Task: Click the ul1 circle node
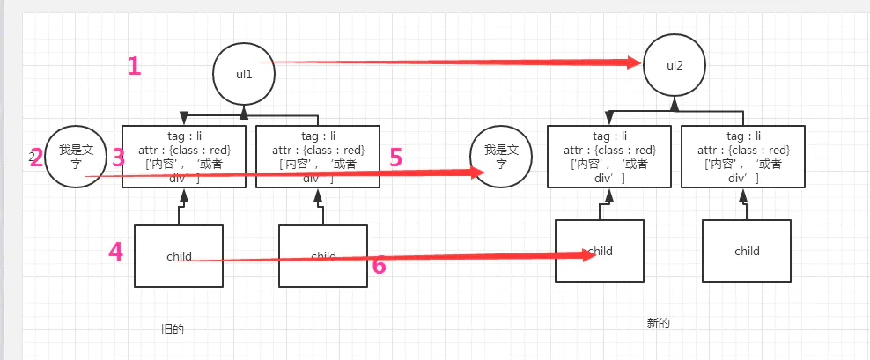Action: click(244, 76)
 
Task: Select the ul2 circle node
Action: click(675, 66)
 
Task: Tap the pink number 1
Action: click(134, 66)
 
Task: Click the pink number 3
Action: click(118, 158)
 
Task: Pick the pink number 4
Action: click(115, 252)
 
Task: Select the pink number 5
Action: click(395, 158)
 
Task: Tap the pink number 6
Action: click(379, 265)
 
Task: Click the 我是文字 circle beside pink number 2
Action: click(75, 157)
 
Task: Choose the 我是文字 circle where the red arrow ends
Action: click(501, 157)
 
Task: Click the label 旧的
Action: click(172, 329)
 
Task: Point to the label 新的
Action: click(658, 323)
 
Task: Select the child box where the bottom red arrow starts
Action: click(179, 255)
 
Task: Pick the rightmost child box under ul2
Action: click(747, 251)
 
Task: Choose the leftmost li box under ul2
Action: click(609, 156)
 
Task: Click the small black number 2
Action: click(32, 158)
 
